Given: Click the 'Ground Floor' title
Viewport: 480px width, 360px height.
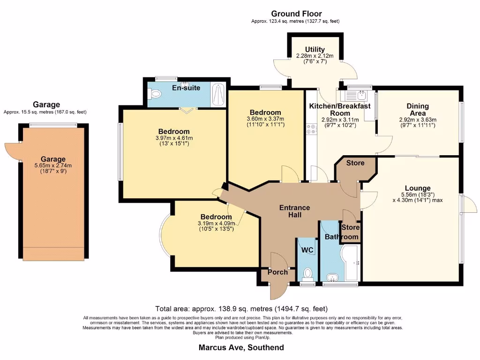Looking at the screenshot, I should (x=296, y=14).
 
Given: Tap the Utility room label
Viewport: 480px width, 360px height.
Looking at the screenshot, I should (x=315, y=49).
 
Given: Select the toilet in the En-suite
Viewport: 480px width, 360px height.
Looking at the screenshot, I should (x=155, y=94).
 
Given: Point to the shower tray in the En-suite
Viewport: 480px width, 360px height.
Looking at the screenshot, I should (x=218, y=96).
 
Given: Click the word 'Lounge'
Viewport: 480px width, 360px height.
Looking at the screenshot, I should (x=418, y=188).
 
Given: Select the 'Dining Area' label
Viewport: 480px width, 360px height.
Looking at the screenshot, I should (x=417, y=110).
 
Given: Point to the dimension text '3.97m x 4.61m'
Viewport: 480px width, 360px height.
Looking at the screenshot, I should (x=173, y=138).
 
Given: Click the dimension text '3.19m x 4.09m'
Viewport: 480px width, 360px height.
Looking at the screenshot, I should (x=216, y=223).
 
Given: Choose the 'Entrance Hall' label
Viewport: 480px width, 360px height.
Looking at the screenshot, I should (x=294, y=211).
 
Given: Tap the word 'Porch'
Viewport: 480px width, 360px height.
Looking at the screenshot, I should (x=277, y=272).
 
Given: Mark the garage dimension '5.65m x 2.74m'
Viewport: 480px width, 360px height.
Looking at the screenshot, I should (x=53, y=165).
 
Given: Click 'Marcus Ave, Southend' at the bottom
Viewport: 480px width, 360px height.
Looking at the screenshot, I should (x=241, y=347).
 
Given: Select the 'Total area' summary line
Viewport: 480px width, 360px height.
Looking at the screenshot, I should (x=241, y=309).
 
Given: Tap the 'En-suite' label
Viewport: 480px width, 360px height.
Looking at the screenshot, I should (x=186, y=88).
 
